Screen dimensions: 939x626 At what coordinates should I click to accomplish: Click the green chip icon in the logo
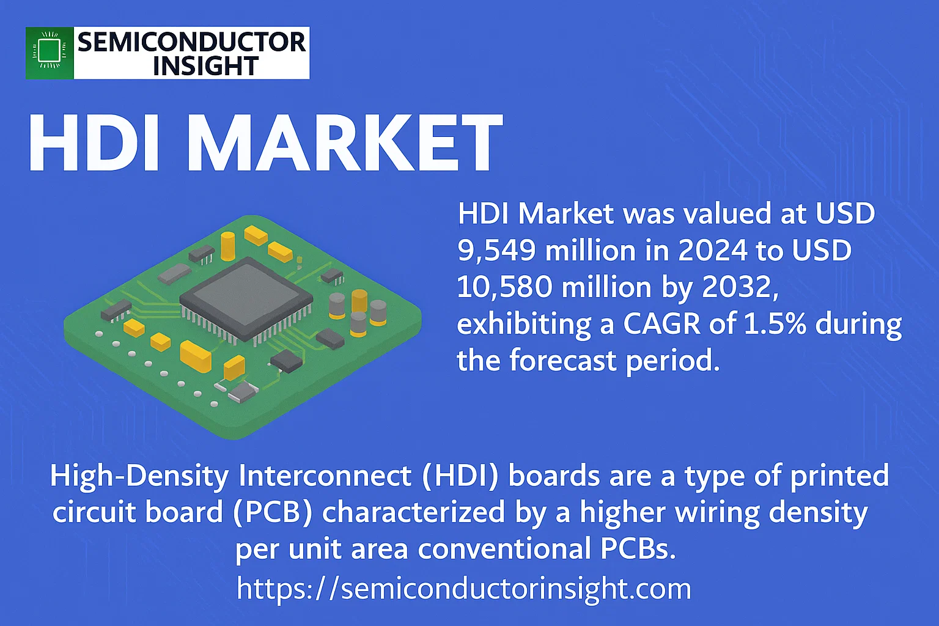(x=50, y=53)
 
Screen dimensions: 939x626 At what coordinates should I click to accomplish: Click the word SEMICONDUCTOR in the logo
(x=191, y=42)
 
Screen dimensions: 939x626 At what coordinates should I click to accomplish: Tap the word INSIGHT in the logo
(x=205, y=66)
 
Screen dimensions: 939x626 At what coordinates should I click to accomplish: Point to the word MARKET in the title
(x=345, y=142)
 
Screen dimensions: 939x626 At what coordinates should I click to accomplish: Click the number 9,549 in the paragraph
(x=496, y=251)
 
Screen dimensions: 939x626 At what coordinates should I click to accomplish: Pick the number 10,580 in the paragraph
(x=504, y=287)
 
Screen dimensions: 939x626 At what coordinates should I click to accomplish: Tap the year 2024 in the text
(x=713, y=250)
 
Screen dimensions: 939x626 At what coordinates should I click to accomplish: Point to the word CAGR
(x=661, y=323)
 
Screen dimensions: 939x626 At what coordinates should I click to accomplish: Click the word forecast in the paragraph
(x=563, y=360)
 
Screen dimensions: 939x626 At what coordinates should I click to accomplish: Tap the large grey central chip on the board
(x=246, y=298)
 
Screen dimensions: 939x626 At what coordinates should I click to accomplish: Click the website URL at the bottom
(x=463, y=589)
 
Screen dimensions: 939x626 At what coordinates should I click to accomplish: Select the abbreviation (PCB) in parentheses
(x=273, y=512)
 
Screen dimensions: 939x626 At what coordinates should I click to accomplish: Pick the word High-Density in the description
(x=139, y=476)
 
